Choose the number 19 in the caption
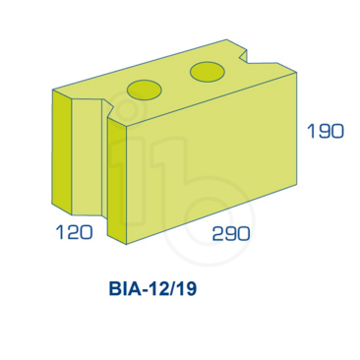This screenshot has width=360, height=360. tap(191, 291)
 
